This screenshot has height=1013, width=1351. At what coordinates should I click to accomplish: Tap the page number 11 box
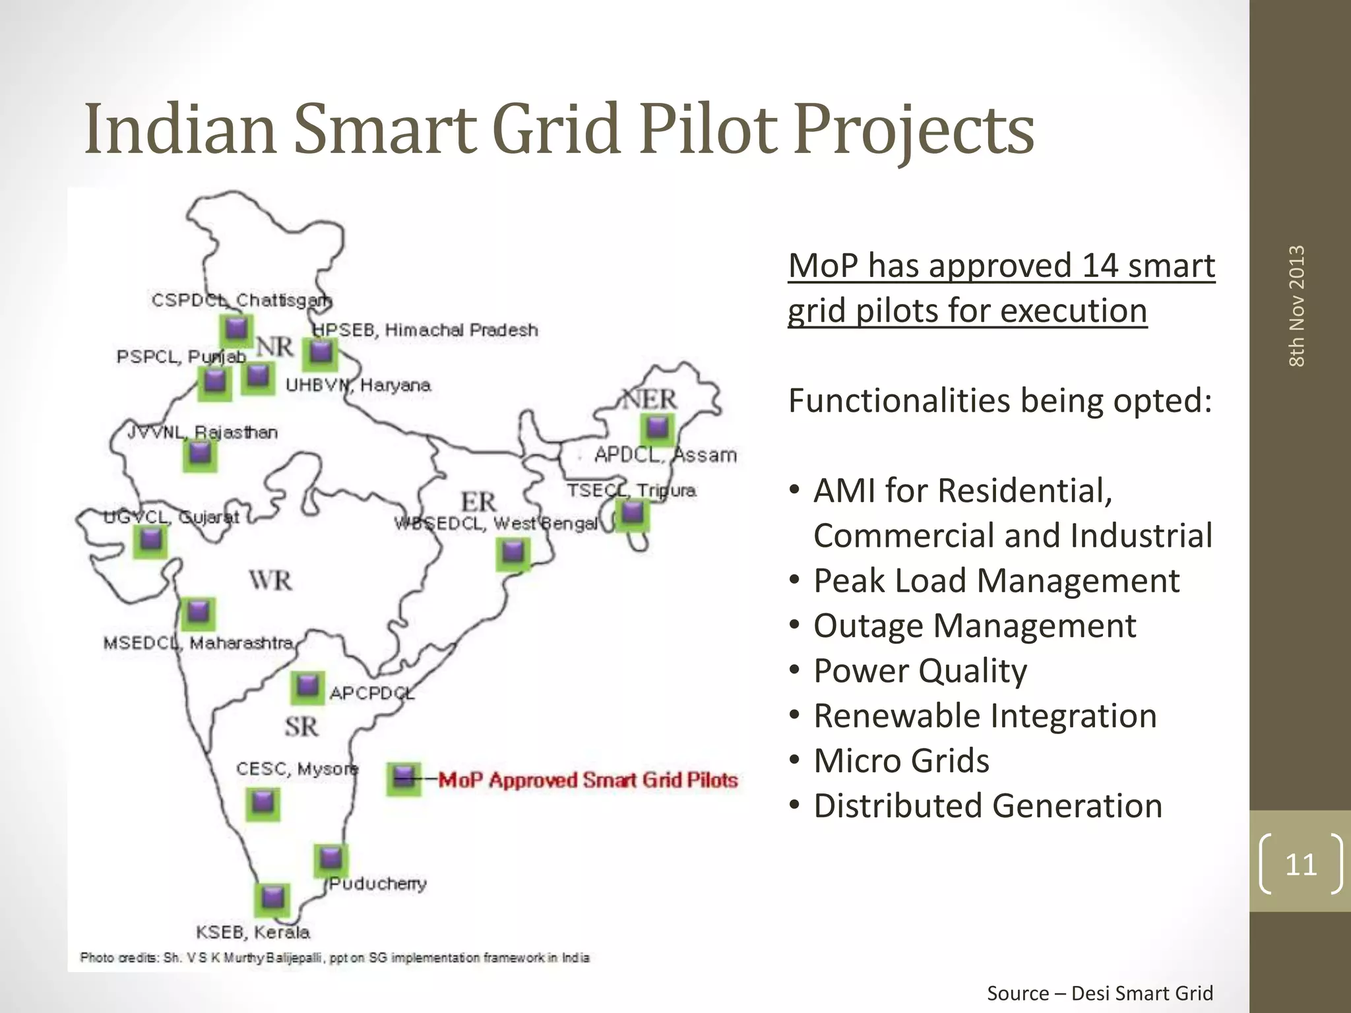1300,864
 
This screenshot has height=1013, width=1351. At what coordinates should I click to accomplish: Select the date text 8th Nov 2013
1297,306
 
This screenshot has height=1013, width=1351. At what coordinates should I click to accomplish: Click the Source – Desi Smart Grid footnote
1100,993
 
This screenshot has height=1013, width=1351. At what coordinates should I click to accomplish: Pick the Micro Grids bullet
901,760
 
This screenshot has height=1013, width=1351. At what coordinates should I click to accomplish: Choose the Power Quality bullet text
920,671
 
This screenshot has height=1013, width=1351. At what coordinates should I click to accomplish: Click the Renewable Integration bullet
985,716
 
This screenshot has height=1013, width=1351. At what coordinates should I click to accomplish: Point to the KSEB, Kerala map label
253,932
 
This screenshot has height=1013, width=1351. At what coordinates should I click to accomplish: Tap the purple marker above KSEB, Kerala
272,898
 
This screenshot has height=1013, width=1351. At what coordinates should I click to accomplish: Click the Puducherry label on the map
378,884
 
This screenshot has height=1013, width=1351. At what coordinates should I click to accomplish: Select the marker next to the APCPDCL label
307,687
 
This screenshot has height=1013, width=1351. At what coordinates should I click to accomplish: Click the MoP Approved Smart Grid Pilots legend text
588,780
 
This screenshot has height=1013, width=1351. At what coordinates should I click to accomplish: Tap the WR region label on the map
270,580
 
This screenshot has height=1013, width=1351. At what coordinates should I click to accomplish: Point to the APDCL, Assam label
665,455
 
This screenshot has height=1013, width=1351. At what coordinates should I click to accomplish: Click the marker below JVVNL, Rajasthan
200,455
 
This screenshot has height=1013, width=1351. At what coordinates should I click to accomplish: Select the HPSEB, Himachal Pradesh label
425,330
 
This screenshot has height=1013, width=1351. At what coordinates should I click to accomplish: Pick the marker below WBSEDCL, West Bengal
513,553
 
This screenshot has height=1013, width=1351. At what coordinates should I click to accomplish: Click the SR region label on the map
301,727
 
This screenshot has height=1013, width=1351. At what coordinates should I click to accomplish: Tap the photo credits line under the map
334,958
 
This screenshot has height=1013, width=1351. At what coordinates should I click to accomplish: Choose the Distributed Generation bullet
988,806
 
